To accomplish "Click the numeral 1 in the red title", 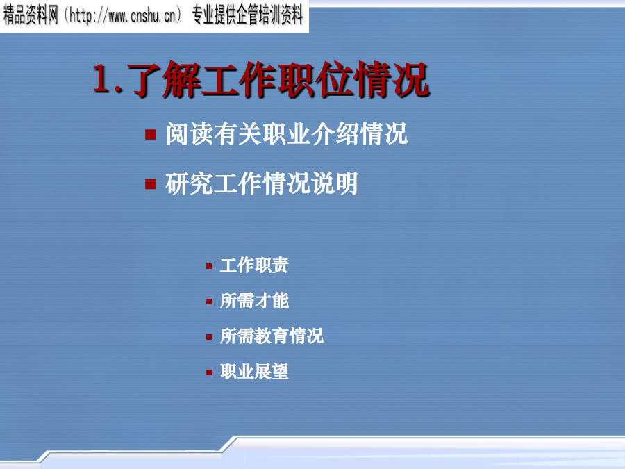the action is [102, 79].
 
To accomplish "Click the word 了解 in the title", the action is [164, 80].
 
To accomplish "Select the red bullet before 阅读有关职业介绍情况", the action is [150, 134].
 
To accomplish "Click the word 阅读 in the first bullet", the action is [190, 133].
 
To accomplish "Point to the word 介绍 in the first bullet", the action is [335, 133].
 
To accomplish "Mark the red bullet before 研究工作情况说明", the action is [150, 184].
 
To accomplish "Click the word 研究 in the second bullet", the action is [190, 183].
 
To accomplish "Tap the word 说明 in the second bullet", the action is [334, 183].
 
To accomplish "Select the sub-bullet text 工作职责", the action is [254, 265].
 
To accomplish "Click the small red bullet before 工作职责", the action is [209, 266].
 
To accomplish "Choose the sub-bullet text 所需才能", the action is [254, 301].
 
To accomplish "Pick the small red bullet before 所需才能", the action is [209, 302].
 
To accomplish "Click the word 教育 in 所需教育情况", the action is [272, 336].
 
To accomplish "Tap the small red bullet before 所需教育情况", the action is [209, 337].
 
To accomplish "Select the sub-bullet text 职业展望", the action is [254, 372].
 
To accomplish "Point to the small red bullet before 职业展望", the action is [209, 372].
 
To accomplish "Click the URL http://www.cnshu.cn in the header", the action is [122, 16].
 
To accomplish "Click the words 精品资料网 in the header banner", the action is [31, 16].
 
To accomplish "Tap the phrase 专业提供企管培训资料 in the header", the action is [247, 16].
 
